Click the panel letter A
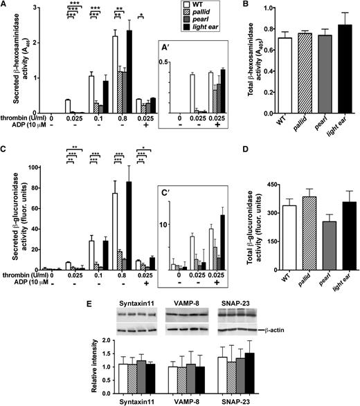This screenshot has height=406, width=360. [6, 6]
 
